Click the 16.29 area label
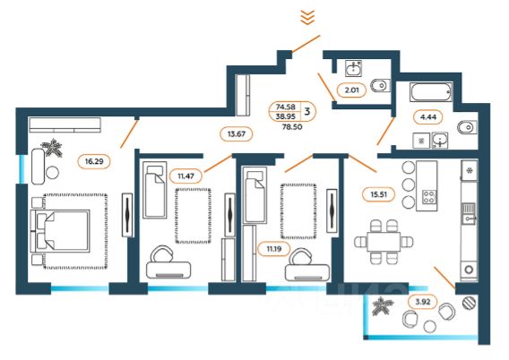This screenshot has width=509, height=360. pyautogui.click(x=94, y=161)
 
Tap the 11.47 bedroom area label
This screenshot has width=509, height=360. pyautogui.click(x=185, y=176)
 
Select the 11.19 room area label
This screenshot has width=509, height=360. pyautogui.click(x=274, y=249)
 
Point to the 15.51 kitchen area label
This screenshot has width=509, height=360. pyautogui.click(x=379, y=194)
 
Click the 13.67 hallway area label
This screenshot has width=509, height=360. pyautogui.click(x=237, y=133)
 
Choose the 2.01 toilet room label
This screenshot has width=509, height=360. pyautogui.click(x=351, y=90)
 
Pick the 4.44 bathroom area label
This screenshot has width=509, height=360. pyautogui.click(x=428, y=117)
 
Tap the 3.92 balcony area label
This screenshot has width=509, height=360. pyautogui.click(x=423, y=302)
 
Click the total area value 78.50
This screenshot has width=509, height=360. pyautogui.click(x=292, y=127)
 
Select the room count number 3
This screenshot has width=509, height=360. pyautogui.click(x=307, y=111)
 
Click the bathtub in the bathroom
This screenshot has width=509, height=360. pyautogui.click(x=431, y=92)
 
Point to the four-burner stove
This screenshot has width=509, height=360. pyautogui.click(x=429, y=197)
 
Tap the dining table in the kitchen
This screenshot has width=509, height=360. pyautogui.click(x=384, y=242)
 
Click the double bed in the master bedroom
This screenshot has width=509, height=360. pyautogui.click(x=60, y=230)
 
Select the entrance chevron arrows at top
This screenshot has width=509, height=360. pyautogui.click(x=307, y=17)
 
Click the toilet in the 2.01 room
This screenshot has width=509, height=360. pyautogui.click(x=379, y=86)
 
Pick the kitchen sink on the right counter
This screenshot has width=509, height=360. pyautogui.click(x=469, y=213)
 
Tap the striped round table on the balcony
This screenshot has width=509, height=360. pyautogui.click(x=469, y=303)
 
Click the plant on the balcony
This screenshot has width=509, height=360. pyautogui.click(x=383, y=306)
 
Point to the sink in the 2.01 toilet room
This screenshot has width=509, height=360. pyautogui.click(x=353, y=68)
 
